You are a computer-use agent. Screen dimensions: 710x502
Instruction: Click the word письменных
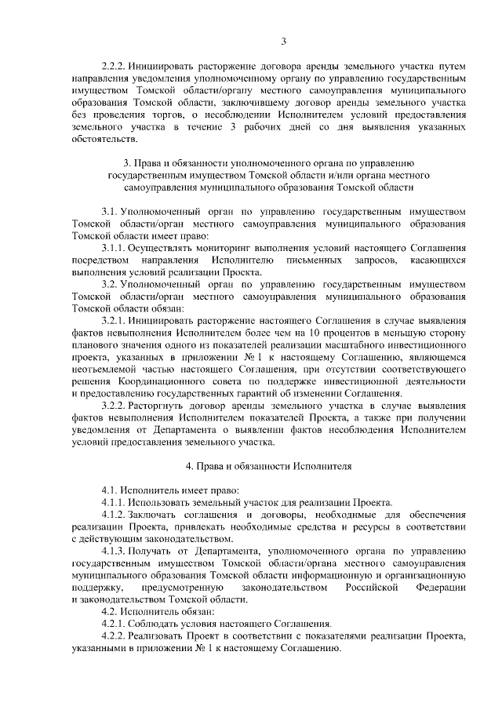point(304,260)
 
